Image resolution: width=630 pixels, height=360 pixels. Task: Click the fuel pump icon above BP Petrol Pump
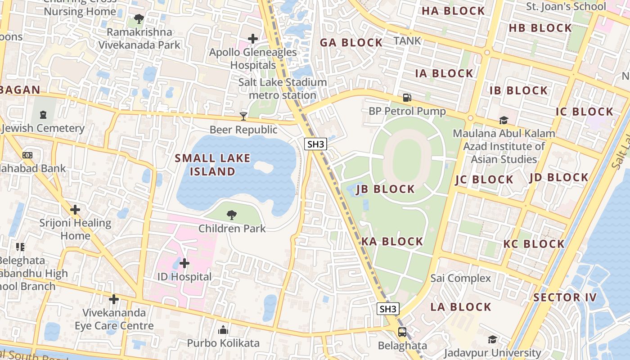point(407,97)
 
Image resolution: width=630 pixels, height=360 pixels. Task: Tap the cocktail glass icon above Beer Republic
point(243,117)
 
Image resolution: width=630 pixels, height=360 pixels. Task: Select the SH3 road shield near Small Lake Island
point(315,144)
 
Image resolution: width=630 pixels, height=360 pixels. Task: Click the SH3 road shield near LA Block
point(387,309)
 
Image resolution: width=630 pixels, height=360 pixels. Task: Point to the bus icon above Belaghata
point(402,333)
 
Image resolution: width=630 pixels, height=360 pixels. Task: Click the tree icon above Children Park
point(232,215)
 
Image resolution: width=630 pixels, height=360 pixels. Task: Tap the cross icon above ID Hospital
point(184,263)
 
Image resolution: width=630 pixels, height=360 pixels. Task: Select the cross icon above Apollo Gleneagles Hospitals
point(253,39)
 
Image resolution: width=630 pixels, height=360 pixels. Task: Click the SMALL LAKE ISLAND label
point(212,165)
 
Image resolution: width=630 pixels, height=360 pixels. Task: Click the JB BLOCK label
point(385,189)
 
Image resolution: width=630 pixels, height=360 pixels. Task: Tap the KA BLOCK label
point(392,242)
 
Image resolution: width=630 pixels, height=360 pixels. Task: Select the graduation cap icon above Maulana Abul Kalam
point(504,120)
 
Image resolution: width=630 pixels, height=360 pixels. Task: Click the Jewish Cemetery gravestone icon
point(43,115)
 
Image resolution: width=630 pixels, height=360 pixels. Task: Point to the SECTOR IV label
point(565,297)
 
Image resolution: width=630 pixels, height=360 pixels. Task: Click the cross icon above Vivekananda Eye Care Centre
point(114,299)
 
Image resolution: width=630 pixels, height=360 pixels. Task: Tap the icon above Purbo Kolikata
point(223,330)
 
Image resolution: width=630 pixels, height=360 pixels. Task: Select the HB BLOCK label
point(540,28)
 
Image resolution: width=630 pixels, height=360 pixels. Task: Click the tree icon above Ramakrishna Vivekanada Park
point(139,19)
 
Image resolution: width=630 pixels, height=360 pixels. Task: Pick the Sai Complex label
point(460,278)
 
